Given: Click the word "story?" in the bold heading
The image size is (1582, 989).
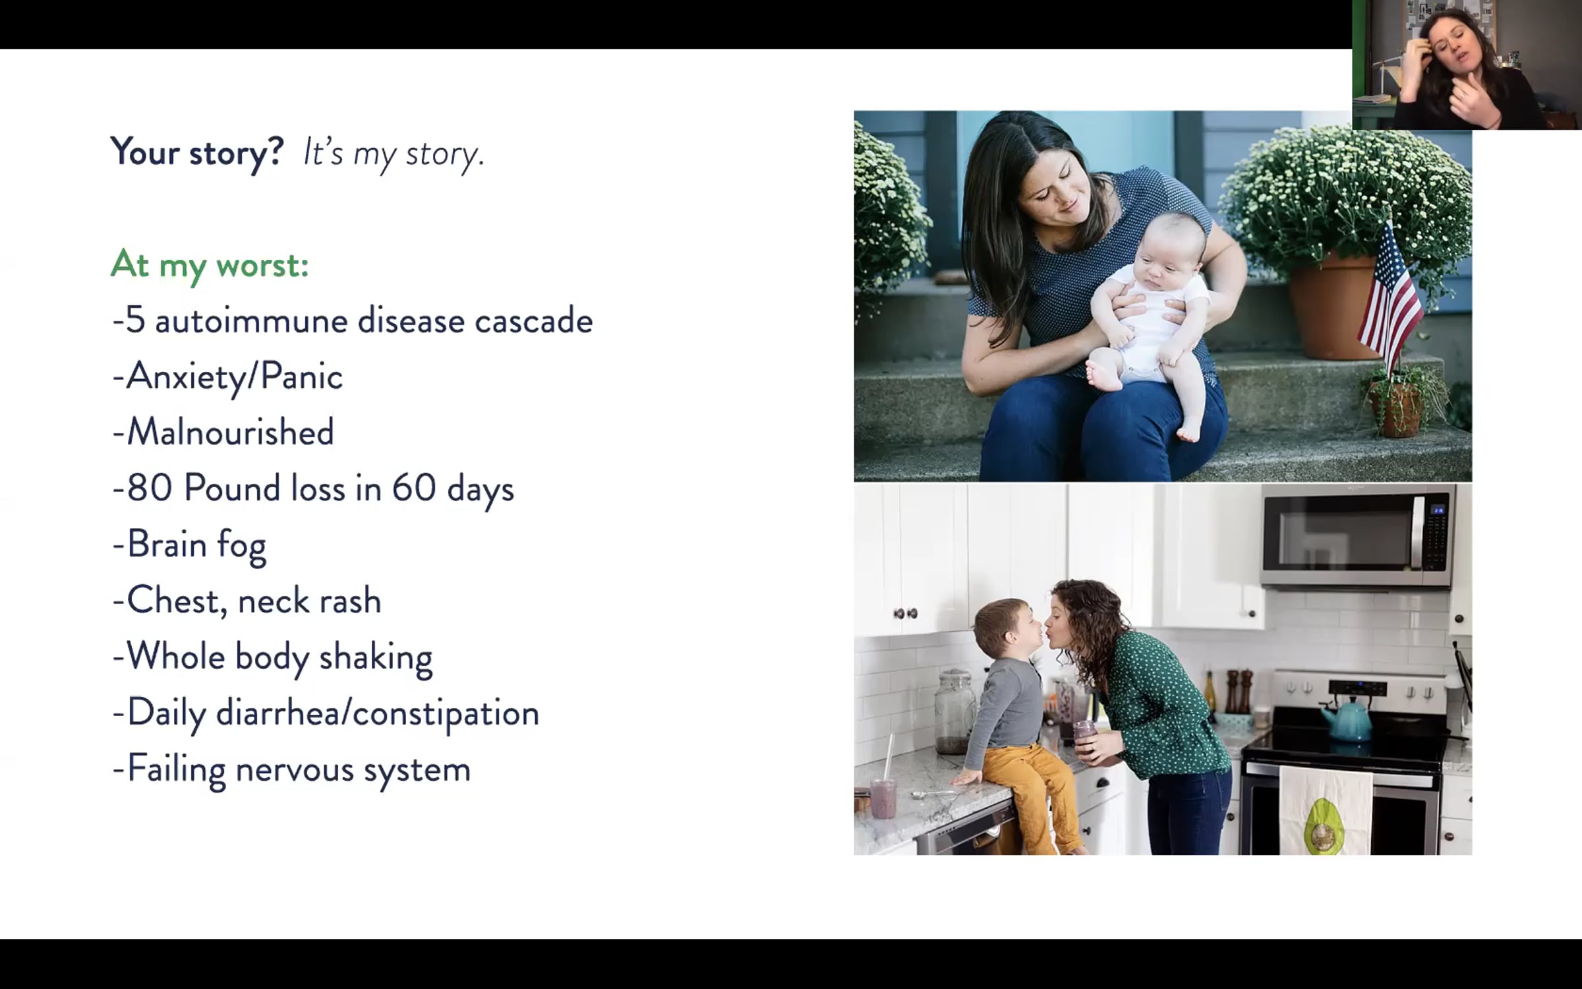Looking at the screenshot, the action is pos(236,153).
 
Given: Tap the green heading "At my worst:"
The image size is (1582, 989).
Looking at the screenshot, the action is pos(210,265).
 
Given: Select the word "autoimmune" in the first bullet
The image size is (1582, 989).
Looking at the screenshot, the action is pos(251,320).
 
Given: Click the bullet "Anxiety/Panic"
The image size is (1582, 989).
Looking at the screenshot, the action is pos(228,377).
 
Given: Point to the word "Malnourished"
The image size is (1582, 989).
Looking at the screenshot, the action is pos(230,433).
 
